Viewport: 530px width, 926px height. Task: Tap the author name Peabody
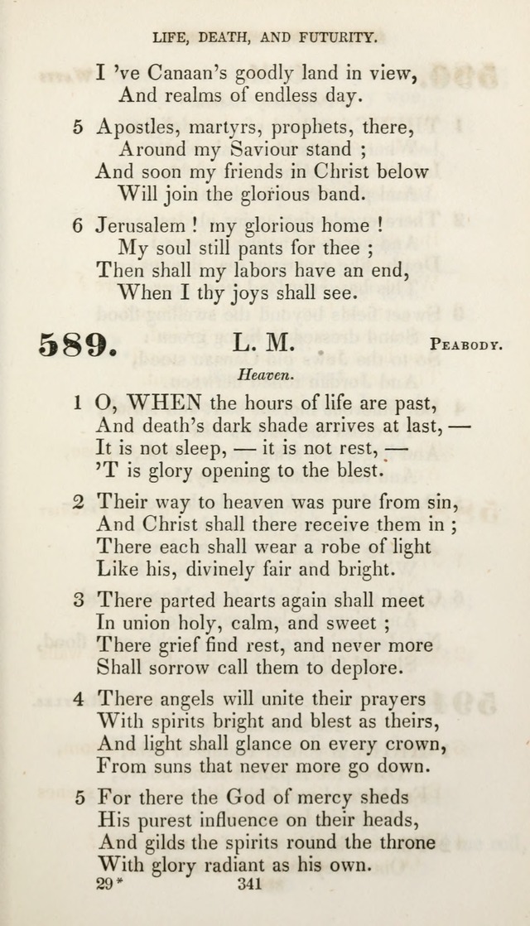465,344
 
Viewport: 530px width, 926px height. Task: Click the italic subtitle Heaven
265,374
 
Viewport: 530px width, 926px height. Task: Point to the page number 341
249,885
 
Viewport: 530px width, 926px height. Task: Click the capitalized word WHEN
164,403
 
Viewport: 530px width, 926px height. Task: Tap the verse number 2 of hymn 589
78,501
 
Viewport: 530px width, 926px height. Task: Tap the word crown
418,744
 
